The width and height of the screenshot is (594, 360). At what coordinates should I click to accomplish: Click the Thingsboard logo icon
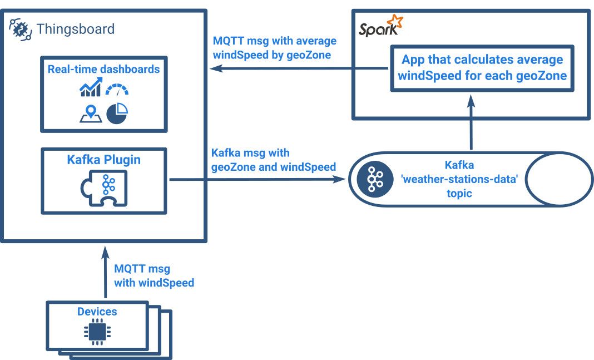pyautogui.click(x=20, y=29)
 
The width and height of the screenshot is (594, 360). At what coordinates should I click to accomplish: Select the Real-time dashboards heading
pyautogui.click(x=103, y=70)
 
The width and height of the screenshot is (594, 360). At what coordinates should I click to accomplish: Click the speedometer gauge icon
pyautogui.click(x=117, y=89)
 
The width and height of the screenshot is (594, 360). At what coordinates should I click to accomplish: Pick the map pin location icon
pyautogui.click(x=90, y=113)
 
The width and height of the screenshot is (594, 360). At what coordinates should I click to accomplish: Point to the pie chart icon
pyautogui.click(x=117, y=113)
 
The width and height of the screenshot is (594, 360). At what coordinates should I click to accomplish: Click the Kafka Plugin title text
pyautogui.click(x=103, y=160)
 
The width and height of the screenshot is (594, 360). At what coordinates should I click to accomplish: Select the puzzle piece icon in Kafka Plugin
pyautogui.click(x=103, y=189)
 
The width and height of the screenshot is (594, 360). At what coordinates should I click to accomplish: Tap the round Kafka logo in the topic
pyautogui.click(x=371, y=179)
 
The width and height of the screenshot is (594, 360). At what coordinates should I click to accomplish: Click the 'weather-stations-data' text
pyautogui.click(x=459, y=179)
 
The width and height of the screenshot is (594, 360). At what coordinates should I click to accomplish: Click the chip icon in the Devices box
pyautogui.click(x=97, y=333)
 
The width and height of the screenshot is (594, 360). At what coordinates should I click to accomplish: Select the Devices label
pyautogui.click(x=97, y=312)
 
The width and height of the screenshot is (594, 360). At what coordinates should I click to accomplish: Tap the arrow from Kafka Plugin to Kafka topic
pyautogui.click(x=256, y=179)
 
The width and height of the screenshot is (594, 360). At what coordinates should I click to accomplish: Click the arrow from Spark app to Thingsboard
pyautogui.click(x=300, y=68)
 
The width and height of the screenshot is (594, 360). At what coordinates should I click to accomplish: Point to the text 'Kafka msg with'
pyautogui.click(x=250, y=153)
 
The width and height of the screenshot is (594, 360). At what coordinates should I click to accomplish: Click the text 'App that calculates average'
pyautogui.click(x=482, y=60)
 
